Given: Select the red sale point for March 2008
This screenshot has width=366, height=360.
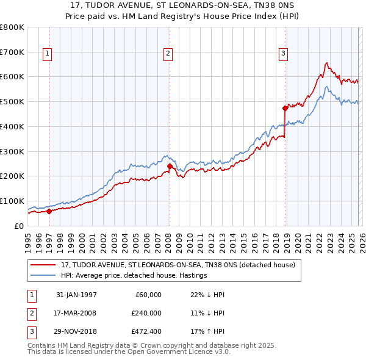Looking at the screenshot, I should pos(170,166).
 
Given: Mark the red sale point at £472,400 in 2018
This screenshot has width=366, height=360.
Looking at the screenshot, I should pos(285,108).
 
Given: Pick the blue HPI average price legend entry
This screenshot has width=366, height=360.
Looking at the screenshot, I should pos(134,275).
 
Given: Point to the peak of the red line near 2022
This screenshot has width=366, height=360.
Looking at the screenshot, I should pos(327,62).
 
